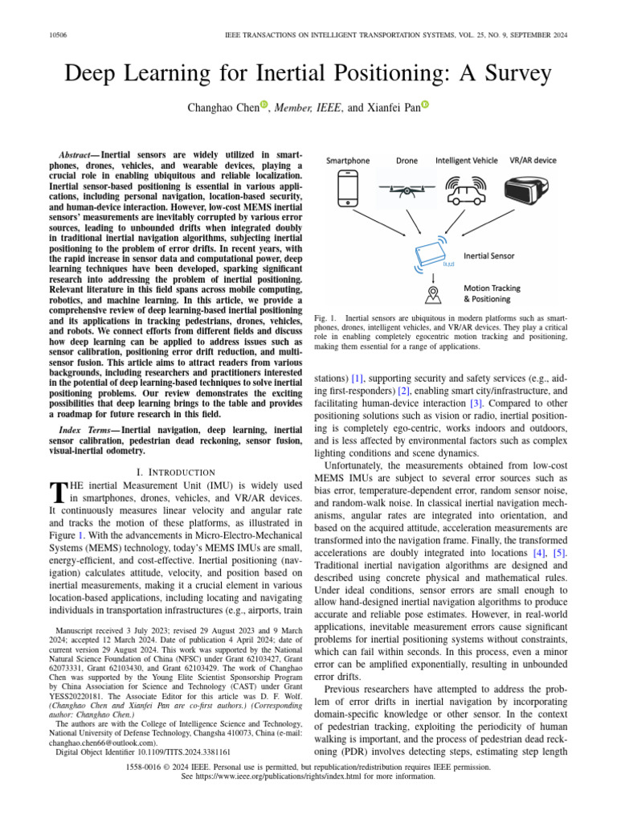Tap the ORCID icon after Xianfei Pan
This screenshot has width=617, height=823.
(x=425, y=106)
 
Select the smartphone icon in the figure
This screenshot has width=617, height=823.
(x=347, y=190)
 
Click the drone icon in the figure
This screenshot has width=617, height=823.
(x=407, y=190)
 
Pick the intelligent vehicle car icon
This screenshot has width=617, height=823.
(x=466, y=190)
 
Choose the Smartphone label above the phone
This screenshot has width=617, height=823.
(x=347, y=160)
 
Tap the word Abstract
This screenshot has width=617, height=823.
(x=80, y=154)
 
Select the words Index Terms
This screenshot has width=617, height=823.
(x=88, y=430)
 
